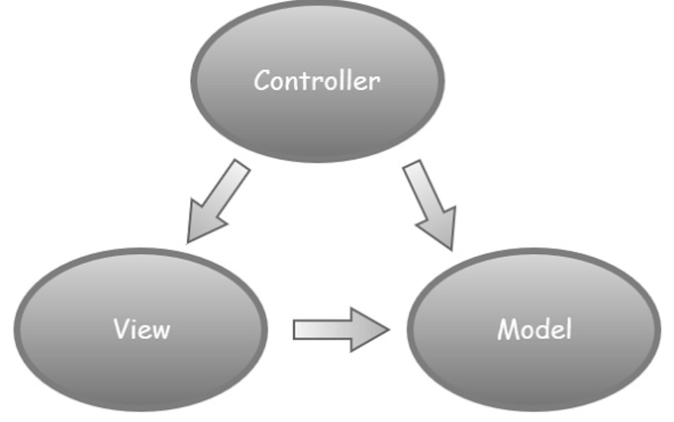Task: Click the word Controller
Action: point(317,80)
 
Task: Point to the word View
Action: point(141,329)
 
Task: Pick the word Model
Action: point(535,329)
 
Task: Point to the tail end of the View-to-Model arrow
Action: point(298,329)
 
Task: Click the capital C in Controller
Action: point(262,80)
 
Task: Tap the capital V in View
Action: point(121,329)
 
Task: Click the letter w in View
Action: point(161,331)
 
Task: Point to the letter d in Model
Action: point(543,329)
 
